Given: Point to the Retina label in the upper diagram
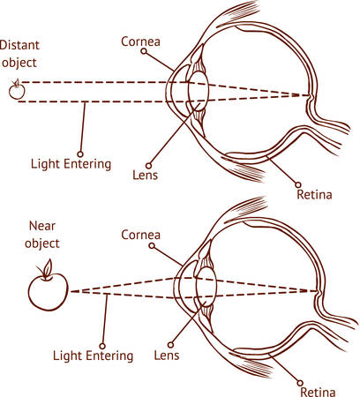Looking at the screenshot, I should point(314,193).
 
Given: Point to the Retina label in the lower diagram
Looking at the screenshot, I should point(319,390).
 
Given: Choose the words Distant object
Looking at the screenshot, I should point(19,52).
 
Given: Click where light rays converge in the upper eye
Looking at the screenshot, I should point(310,94).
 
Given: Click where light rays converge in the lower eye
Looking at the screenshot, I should point(314,290).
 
